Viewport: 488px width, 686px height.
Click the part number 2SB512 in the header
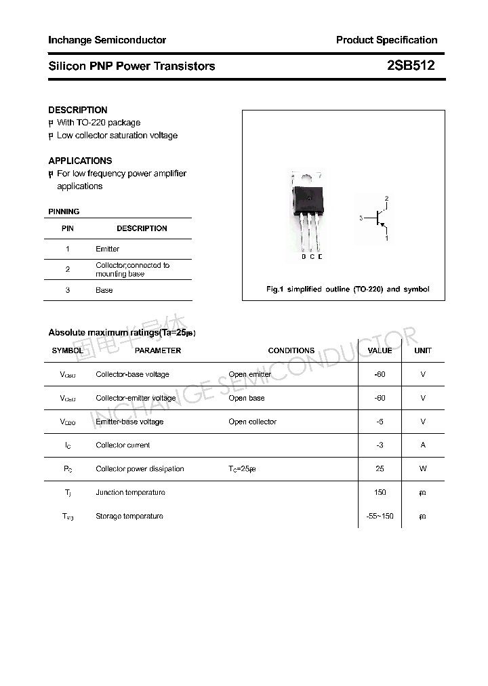tap(411, 66)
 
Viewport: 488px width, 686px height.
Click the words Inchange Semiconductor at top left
tap(107, 40)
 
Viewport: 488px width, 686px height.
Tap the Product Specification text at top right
tap(386, 40)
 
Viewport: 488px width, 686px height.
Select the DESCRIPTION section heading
tap(78, 110)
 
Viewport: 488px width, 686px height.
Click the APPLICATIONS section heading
tap(80, 161)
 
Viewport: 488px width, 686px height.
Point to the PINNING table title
tap(64, 211)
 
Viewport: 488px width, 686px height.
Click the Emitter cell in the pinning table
tap(107, 249)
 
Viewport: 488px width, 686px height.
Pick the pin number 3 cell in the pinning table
tap(68, 290)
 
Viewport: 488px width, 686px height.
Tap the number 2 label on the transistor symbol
tap(386, 199)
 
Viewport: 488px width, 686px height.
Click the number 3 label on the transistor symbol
tap(361, 218)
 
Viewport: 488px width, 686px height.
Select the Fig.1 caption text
tap(347, 289)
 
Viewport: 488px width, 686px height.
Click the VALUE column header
tap(380, 350)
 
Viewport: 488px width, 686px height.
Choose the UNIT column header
tap(423, 350)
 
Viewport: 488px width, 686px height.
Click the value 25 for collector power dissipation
tap(380, 469)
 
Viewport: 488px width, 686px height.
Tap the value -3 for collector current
tap(380, 445)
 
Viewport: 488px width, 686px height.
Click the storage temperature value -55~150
tap(380, 517)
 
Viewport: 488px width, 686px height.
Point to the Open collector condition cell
tap(252, 422)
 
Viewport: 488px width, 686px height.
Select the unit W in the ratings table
tap(423, 469)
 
